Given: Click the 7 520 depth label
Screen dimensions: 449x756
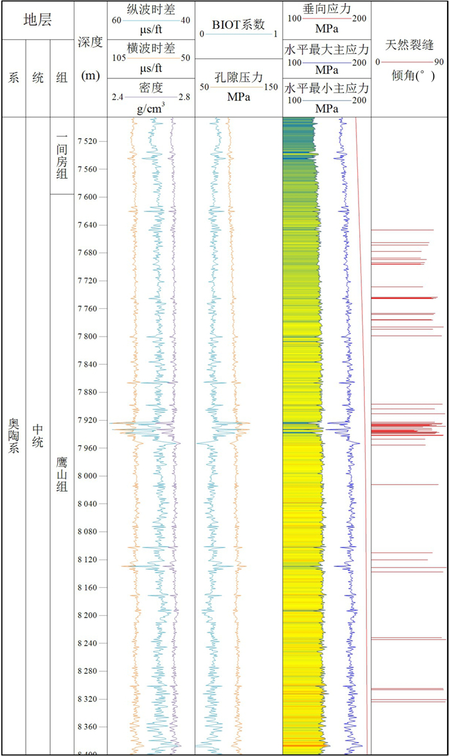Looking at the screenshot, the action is coord(87,141).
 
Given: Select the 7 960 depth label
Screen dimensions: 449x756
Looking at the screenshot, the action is coord(87,448).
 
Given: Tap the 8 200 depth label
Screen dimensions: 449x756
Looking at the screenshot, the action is coord(87,615).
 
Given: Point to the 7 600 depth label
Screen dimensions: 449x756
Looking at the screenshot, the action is coord(87,197).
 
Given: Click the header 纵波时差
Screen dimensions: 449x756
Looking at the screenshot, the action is coord(151,10).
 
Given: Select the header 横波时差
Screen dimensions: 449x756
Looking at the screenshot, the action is coord(151,48).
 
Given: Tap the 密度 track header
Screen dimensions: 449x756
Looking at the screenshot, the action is coord(151,87).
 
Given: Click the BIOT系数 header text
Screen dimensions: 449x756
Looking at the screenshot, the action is coord(239,24).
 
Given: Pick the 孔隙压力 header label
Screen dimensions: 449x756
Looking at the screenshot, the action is coord(239,77).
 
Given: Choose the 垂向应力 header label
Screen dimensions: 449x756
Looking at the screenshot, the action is coord(326,9).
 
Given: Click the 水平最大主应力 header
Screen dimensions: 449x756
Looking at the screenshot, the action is coord(326,49).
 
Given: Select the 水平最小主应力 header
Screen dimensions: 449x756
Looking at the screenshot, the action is coord(326,88).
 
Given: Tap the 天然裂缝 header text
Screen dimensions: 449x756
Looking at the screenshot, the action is coord(410,46).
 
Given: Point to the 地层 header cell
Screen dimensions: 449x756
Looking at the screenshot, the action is coord(38,20).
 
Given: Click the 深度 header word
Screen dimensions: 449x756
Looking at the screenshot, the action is coord(90,42).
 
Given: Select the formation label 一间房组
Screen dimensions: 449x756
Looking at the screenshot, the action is coord(62,156).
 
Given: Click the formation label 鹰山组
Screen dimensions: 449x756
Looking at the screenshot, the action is coord(62,475).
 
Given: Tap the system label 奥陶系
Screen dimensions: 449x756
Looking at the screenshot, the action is coord(13,435).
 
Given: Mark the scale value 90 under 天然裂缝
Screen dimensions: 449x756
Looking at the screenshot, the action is coord(439,62).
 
